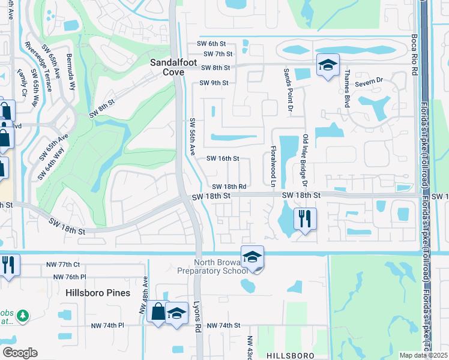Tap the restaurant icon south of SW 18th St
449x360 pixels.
[x=305, y=219]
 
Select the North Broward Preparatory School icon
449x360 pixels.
[x=253, y=257]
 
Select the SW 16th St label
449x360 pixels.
[x=223, y=159]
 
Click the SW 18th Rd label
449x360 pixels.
[x=229, y=187]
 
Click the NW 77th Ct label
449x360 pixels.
[x=63, y=264]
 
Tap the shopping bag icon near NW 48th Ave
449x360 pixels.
[x=158, y=312]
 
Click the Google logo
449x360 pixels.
[x=20, y=353]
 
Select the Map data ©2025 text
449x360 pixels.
[x=423, y=355]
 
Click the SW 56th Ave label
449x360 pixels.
[x=193, y=137]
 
